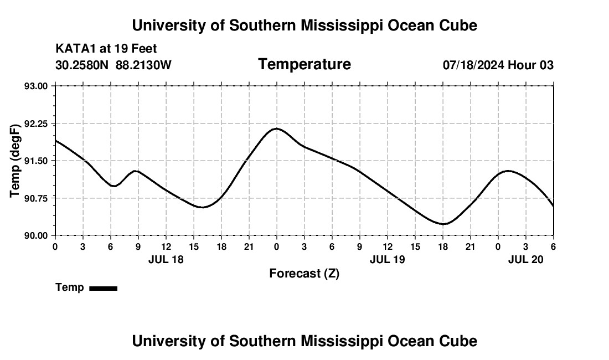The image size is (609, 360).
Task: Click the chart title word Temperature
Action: (304, 65)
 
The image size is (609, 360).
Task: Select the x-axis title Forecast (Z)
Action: (304, 273)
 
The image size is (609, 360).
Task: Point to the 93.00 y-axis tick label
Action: (37, 86)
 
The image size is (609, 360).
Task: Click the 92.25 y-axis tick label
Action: (37, 124)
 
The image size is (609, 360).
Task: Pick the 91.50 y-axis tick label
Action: (37, 161)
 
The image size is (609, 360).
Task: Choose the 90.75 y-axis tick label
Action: (37, 198)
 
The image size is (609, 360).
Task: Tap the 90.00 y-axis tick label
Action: (37, 235)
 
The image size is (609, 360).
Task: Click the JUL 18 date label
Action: (166, 259)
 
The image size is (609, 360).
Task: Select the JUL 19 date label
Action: (388, 259)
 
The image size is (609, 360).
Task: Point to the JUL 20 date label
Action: (526, 259)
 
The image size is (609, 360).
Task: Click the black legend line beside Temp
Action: (104, 288)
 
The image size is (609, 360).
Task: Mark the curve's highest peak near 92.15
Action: (276, 128)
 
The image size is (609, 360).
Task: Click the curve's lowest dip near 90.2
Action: (443, 224)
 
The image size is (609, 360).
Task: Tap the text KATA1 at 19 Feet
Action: (106, 49)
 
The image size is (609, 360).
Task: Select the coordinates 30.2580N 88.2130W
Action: (113, 65)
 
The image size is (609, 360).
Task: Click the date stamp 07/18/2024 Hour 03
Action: (498, 65)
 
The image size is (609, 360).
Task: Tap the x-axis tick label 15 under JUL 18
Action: (194, 246)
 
